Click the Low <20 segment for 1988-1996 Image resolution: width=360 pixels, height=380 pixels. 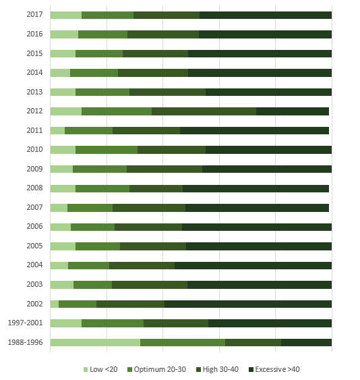click(95, 342)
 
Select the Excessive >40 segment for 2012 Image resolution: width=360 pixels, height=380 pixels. click(293, 111)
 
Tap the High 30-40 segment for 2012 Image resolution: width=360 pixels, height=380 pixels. click(204, 111)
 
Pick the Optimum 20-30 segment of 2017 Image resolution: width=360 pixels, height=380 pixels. click(107, 15)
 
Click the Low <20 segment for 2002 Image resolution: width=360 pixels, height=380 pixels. click(55, 304)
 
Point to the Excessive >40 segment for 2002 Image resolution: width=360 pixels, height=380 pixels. click(248, 304)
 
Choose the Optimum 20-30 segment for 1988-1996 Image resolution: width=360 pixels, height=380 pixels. click(183, 342)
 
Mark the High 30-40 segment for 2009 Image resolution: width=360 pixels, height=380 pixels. click(164, 169)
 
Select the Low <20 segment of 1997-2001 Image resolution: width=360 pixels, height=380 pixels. click(66, 323)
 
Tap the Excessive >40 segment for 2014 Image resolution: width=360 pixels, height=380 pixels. click(260, 73)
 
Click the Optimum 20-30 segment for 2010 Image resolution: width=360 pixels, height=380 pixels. click(107, 150)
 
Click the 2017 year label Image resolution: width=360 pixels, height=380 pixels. click(34, 15)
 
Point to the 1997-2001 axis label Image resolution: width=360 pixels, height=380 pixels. click(25, 323)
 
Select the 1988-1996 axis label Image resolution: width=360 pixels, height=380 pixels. click(25, 342)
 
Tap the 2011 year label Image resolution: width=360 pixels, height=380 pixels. click(34, 130)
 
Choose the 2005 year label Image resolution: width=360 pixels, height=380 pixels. click(34, 246)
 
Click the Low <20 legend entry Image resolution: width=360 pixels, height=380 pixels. click(100, 369)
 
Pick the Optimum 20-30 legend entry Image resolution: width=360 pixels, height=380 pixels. click(156, 369)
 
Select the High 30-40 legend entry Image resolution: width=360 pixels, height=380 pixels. click(217, 369)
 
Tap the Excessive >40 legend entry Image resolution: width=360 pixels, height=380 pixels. click(274, 369)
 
